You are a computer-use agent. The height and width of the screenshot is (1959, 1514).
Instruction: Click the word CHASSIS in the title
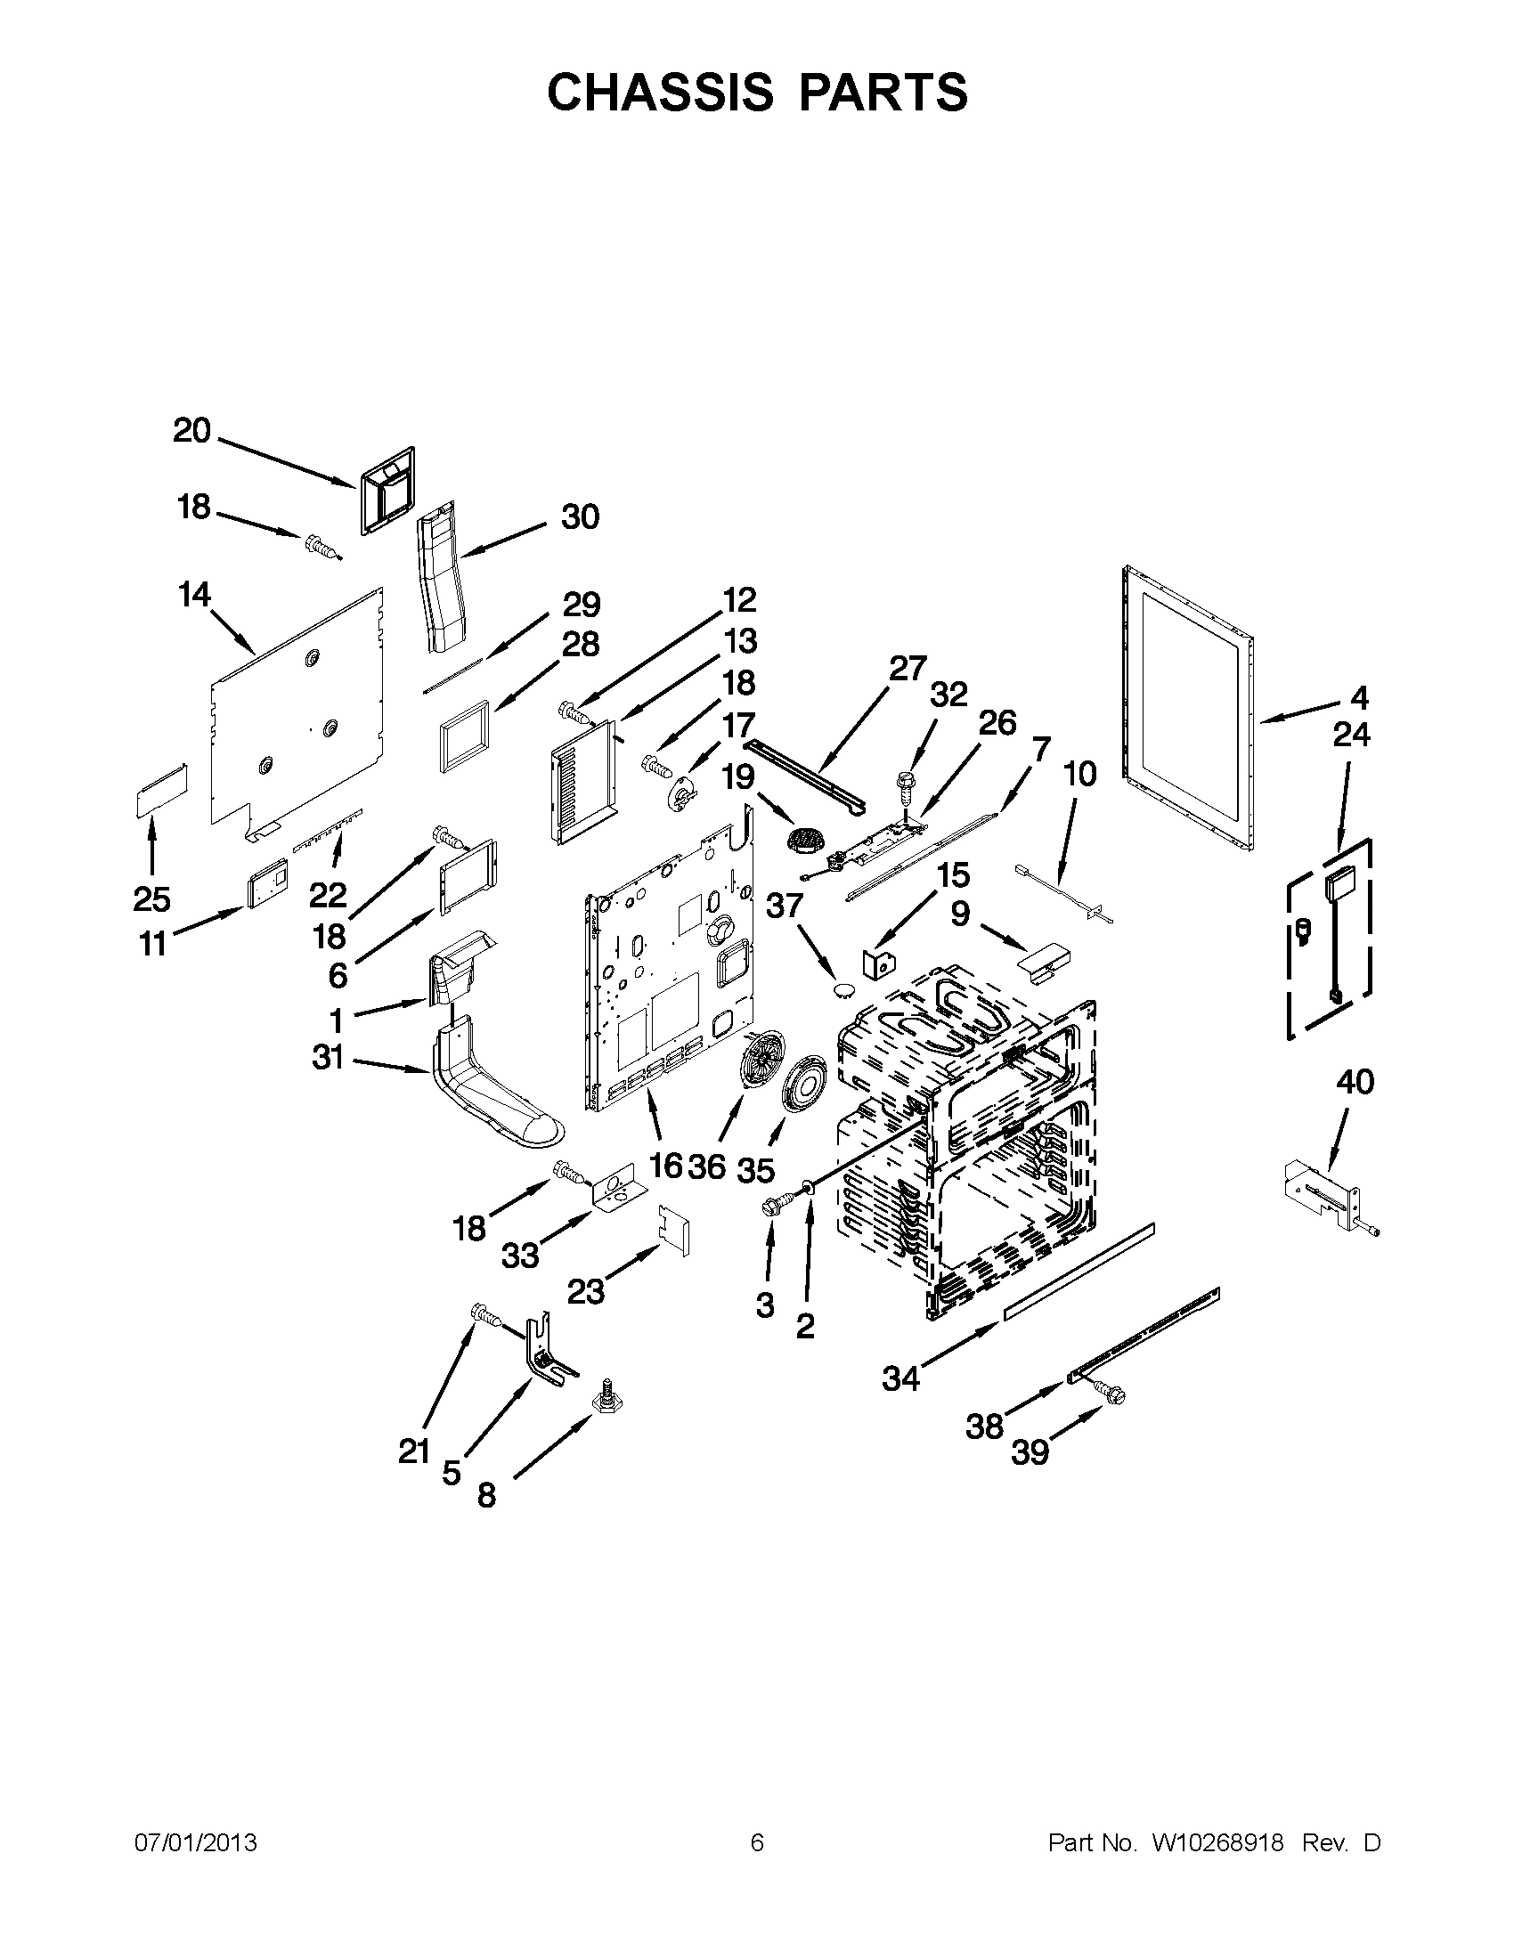pyautogui.click(x=659, y=92)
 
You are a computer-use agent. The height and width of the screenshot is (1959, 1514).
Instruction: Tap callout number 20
pyautogui.click(x=191, y=432)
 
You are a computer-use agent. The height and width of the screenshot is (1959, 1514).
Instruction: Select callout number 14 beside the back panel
pyautogui.click(x=195, y=594)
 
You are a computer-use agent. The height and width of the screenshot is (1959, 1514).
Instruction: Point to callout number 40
pyautogui.click(x=1355, y=1083)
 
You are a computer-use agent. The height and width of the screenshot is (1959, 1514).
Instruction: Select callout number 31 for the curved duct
pyautogui.click(x=328, y=1058)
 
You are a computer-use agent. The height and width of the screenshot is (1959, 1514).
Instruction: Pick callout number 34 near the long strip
pyautogui.click(x=900, y=1378)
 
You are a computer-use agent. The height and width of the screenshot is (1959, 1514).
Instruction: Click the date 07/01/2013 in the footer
pyautogui.click(x=196, y=1843)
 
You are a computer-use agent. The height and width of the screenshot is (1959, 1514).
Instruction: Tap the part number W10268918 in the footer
pyautogui.click(x=1217, y=1843)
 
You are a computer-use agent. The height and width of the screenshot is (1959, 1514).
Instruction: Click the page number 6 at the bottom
pyautogui.click(x=756, y=1843)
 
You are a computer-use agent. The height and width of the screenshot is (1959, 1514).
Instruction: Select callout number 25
pyautogui.click(x=151, y=898)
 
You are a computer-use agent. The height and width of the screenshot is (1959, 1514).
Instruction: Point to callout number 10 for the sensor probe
pyautogui.click(x=1080, y=773)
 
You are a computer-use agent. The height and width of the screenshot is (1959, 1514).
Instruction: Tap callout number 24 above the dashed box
pyautogui.click(x=1351, y=735)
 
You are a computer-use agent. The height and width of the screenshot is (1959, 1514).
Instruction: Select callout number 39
pyautogui.click(x=1030, y=1452)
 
